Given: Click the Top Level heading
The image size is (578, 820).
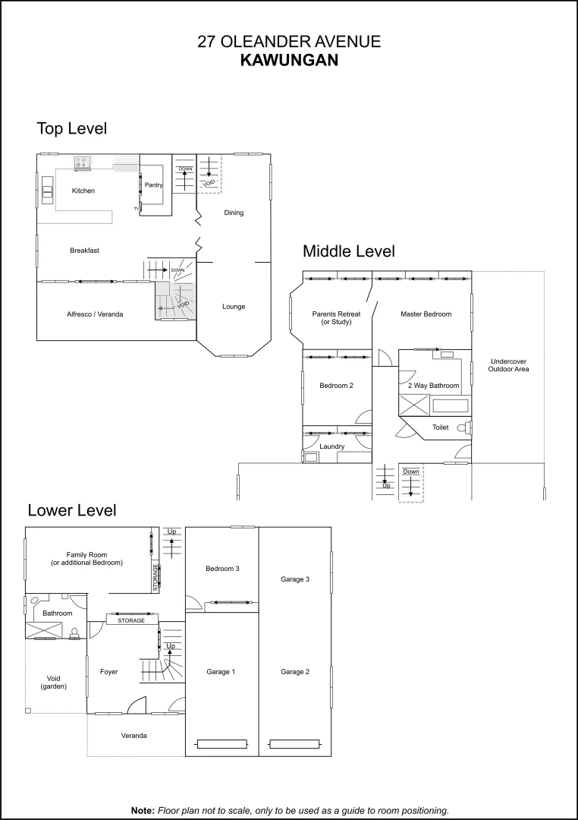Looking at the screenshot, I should point(72,128).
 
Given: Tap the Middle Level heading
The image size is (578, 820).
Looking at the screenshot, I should point(349,251).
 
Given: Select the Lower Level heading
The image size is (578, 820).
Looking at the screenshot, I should point(72,510).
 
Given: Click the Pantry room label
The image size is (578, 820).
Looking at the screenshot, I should point(154,184).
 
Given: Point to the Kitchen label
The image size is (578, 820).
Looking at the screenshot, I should point(83,191).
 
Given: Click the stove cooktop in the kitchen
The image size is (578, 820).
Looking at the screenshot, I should point(82,161).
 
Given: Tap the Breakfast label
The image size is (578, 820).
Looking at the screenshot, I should point(84,251).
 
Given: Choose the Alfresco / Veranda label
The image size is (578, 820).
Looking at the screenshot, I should point(95,314).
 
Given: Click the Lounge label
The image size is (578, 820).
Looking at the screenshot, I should point(234,307).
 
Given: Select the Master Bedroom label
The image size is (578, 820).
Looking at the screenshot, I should point(426,314).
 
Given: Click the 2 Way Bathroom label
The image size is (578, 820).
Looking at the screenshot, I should point(434,386).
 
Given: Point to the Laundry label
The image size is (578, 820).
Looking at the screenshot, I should point(333,446).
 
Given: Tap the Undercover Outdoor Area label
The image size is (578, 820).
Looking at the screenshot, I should point(509,365).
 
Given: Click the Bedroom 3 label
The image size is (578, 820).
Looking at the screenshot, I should point(222,569).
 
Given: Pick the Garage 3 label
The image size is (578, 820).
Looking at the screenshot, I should point(295,579).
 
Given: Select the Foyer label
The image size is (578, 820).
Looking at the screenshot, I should point(108,671).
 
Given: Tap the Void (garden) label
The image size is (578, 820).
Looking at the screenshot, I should point(53,682).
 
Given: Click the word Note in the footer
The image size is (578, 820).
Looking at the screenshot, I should point(143,810).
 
